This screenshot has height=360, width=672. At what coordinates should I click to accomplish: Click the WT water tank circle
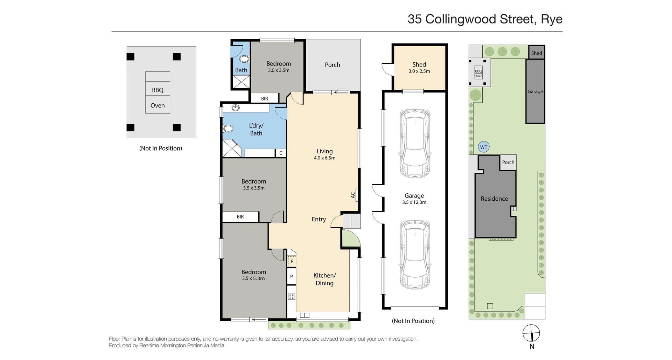pos(483,147)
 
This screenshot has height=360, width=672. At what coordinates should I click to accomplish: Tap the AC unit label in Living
pos(353,195)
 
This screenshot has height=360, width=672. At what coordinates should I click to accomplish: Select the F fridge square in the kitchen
pos(292,261)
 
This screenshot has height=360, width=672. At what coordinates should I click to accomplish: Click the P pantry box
pos(292,277)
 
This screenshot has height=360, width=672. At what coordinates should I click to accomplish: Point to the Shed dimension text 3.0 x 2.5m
pos(419,71)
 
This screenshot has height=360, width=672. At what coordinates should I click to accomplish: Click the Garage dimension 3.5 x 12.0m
pos(414,202)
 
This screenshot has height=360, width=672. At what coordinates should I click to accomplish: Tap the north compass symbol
pos(531,333)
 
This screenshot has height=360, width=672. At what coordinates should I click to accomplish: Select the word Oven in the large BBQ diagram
pos(157,105)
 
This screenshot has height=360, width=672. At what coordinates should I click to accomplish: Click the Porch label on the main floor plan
pos(332,65)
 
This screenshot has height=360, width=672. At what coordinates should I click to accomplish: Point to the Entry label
pos(318,219)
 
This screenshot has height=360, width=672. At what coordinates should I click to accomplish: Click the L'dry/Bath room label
pos(256,129)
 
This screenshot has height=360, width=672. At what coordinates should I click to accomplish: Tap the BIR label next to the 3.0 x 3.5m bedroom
pos(265,99)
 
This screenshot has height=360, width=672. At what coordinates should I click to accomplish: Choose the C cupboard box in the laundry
pos(281,153)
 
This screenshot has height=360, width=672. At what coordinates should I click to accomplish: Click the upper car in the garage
pos(415,144)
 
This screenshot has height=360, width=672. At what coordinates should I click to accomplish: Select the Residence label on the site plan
pos(494,199)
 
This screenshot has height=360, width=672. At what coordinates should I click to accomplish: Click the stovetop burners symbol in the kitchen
pos(292,297)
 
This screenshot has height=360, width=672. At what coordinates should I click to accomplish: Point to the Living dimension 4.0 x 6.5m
pos(324,158)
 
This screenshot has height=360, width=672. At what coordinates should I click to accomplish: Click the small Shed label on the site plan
pos(536,53)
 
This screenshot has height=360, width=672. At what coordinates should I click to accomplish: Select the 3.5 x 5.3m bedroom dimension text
pos(253,278)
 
